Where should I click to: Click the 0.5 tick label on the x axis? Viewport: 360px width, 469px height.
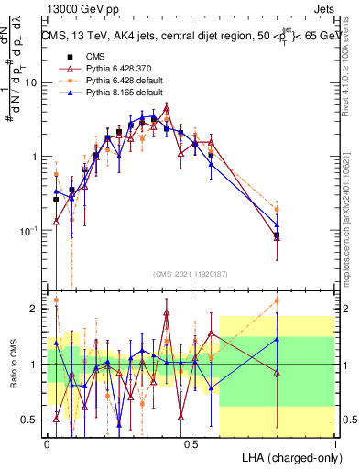191,443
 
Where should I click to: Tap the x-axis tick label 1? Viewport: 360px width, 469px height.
335,443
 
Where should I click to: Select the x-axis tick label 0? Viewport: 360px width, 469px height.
47,443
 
